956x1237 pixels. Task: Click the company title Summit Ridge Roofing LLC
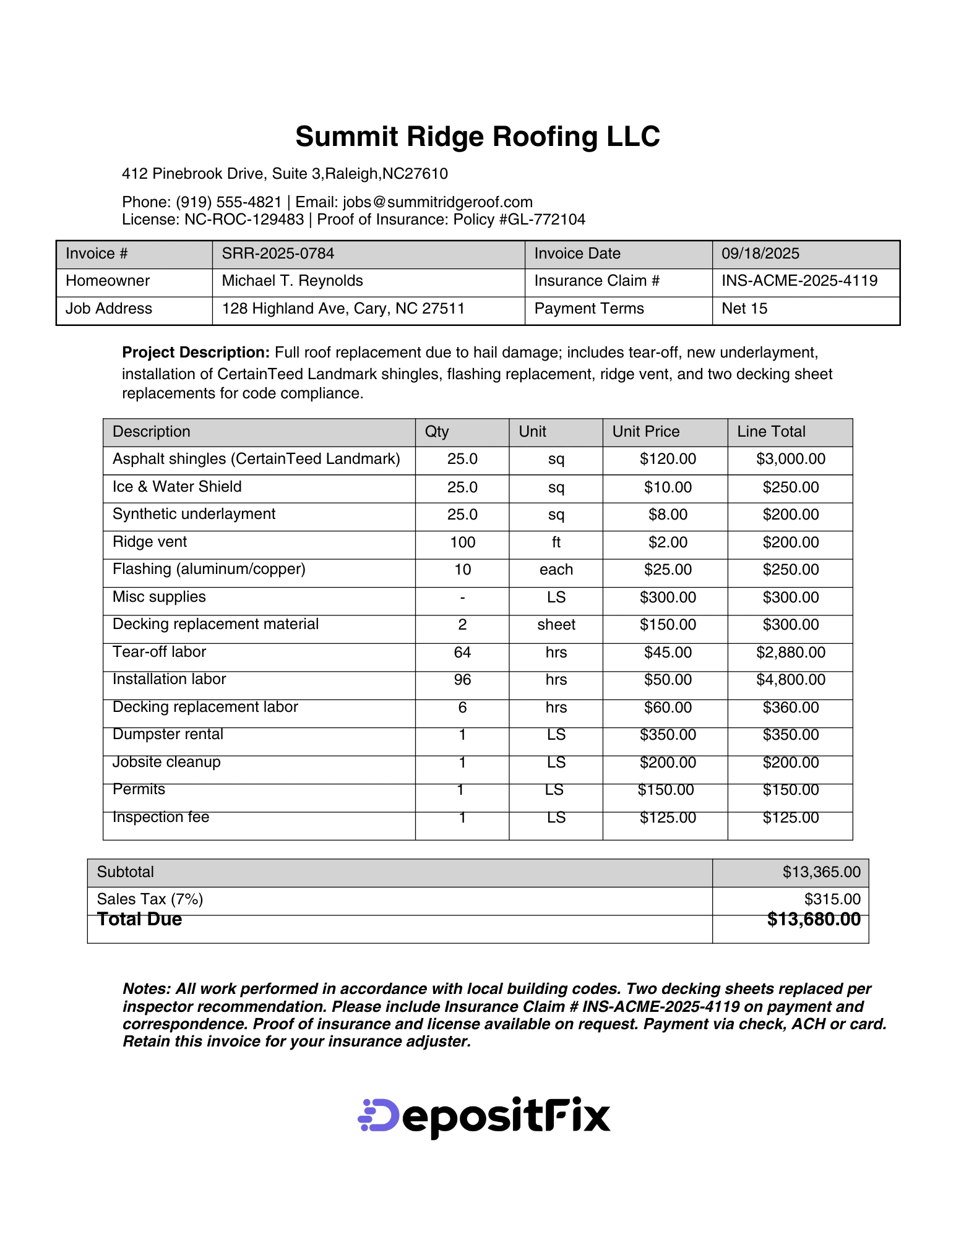pyautogui.click(x=477, y=137)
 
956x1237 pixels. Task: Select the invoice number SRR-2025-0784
pyautogui.click(x=278, y=254)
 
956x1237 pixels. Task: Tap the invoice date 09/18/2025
pyautogui.click(x=760, y=254)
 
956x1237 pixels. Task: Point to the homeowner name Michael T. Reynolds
pyautogui.click(x=292, y=281)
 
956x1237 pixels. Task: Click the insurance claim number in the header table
pyautogui.click(x=799, y=281)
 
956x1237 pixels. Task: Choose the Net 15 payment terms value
pyautogui.click(x=744, y=309)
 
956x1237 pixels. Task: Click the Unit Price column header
pyautogui.click(x=645, y=432)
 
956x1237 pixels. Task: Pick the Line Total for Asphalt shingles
pyautogui.click(x=790, y=459)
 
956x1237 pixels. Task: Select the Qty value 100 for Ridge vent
pyautogui.click(x=462, y=542)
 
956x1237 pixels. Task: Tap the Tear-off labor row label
pyautogui.click(x=159, y=652)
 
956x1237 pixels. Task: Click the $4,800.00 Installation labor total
pyautogui.click(x=790, y=680)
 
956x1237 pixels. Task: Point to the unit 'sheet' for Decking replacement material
pyautogui.click(x=556, y=625)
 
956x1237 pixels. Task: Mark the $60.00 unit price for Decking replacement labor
pyautogui.click(x=668, y=708)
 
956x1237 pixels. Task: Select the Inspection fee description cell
pyautogui.click(x=161, y=818)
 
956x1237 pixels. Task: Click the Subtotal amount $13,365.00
pyautogui.click(x=821, y=872)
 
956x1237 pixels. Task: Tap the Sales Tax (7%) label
pyautogui.click(x=150, y=899)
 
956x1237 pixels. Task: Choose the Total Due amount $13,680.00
pyautogui.click(x=813, y=920)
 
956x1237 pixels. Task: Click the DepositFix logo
pyautogui.click(x=484, y=1117)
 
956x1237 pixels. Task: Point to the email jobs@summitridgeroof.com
pyautogui.click(x=437, y=202)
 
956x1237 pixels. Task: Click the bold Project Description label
pyautogui.click(x=196, y=353)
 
